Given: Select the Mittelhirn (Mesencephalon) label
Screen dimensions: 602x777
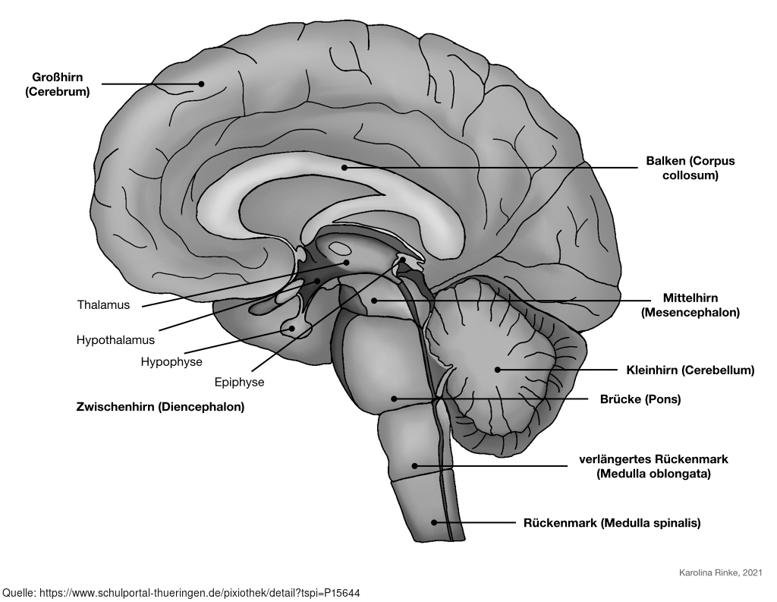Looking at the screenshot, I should (x=690, y=304).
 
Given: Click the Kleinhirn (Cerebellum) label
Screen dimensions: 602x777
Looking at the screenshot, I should (x=690, y=370).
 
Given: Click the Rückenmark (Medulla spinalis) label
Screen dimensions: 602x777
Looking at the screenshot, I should (x=612, y=523).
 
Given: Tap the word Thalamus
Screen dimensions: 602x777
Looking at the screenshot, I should (x=103, y=305).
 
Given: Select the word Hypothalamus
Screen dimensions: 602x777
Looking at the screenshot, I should (x=115, y=339).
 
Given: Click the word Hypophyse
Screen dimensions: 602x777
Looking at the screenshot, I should (x=171, y=361).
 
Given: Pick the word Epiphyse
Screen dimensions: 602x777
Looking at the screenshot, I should (x=239, y=382).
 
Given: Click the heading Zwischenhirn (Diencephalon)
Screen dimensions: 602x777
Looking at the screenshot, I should (x=160, y=407).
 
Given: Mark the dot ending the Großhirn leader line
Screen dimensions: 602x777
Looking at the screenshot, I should (x=202, y=84).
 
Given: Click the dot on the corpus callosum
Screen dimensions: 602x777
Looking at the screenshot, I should (x=344, y=167).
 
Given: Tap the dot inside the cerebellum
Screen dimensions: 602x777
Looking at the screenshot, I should (x=498, y=370).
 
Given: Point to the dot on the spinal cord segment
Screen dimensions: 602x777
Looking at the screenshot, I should (x=434, y=522).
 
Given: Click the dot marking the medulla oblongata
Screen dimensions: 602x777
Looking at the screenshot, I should (x=414, y=465).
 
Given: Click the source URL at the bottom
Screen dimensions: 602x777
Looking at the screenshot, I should (x=187, y=591).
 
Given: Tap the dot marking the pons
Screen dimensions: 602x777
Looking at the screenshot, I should (x=395, y=398).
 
